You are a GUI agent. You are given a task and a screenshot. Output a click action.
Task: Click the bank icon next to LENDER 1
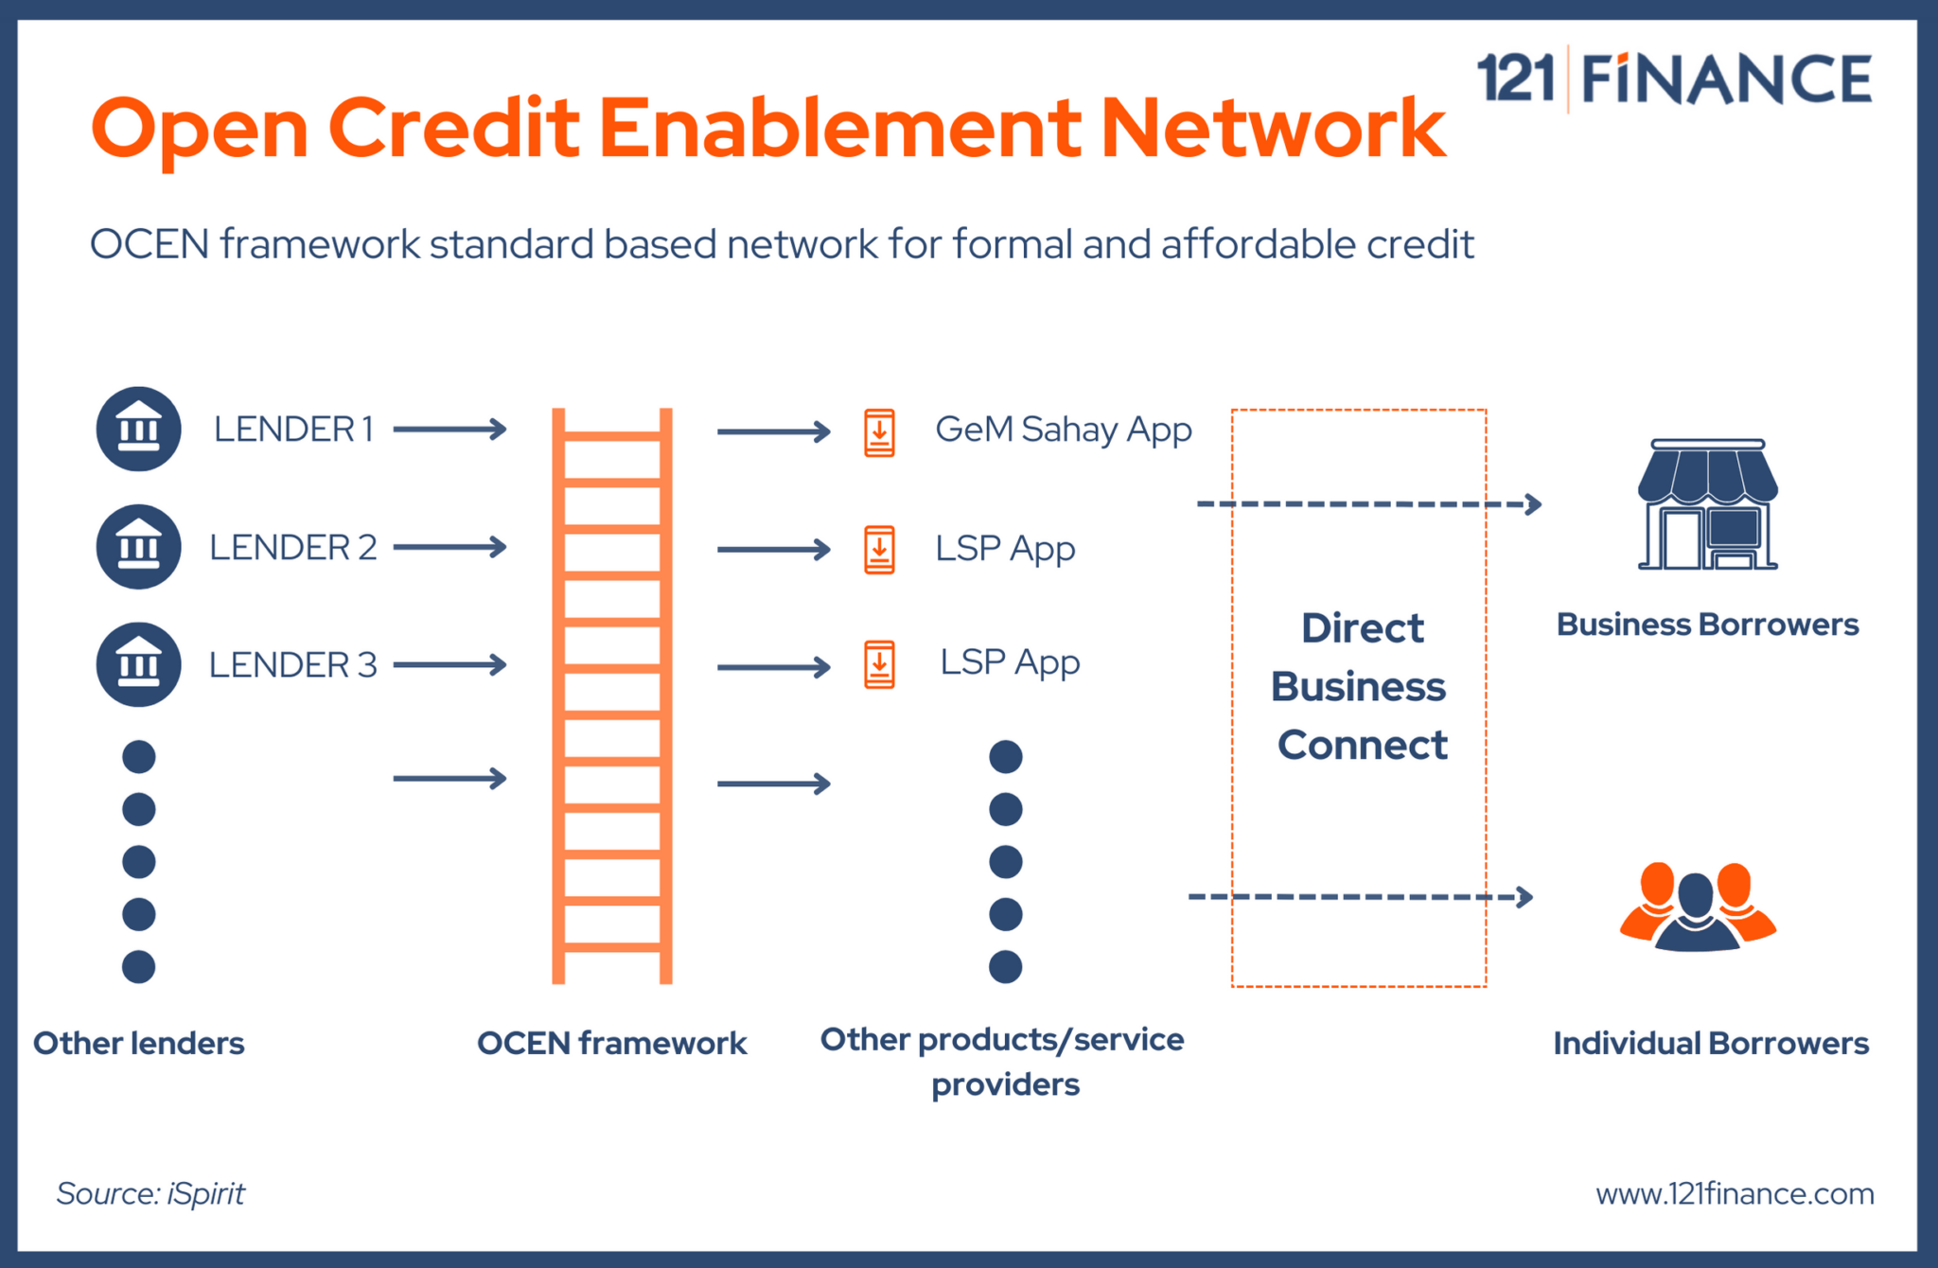[x=138, y=429]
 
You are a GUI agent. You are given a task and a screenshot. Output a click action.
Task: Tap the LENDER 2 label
[x=292, y=548]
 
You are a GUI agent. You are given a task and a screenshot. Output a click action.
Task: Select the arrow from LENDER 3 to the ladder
[x=449, y=665]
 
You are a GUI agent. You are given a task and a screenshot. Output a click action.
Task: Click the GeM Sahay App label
[x=1063, y=431]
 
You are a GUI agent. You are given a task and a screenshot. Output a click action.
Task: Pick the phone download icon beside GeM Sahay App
[x=879, y=433]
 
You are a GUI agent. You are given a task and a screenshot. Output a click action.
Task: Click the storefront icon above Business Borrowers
[x=1707, y=504]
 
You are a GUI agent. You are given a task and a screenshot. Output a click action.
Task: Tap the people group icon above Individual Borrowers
[x=1698, y=907]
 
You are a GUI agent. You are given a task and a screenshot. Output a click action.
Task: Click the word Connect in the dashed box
[x=1362, y=746]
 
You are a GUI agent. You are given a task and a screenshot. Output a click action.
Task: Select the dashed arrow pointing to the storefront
[x=1368, y=504]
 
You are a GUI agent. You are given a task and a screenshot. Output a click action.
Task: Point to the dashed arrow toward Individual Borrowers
[x=1360, y=896]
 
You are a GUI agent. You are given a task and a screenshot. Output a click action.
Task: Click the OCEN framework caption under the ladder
[x=611, y=1044]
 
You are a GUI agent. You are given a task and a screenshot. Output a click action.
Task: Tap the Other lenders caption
[x=139, y=1044]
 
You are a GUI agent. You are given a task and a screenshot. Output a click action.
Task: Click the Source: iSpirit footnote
[x=150, y=1193]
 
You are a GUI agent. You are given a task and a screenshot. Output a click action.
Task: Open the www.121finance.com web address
[x=1734, y=1194]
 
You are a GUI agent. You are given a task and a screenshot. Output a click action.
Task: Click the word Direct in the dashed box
[x=1362, y=628]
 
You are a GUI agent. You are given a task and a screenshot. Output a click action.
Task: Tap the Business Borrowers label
[x=1707, y=625]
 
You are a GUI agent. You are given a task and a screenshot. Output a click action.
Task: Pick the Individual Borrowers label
[x=1710, y=1044]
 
